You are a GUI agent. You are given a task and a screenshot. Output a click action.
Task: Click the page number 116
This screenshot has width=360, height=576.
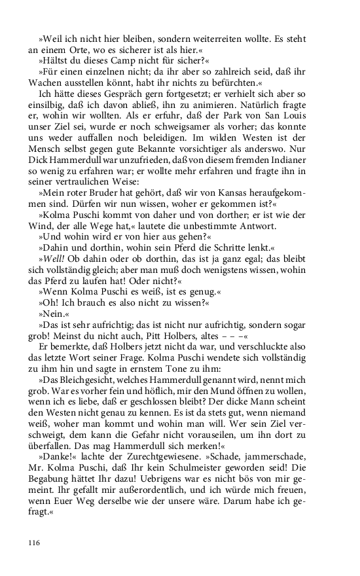[x=35, y=542]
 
